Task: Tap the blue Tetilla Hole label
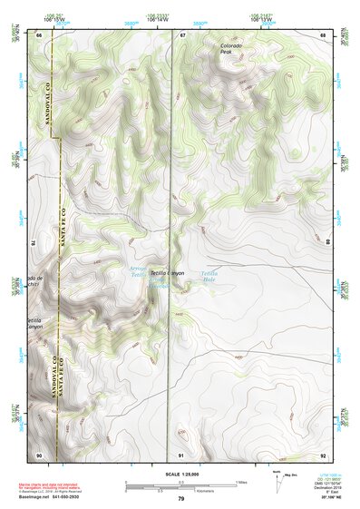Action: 209,274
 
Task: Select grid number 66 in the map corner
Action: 39,35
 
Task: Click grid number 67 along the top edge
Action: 181,35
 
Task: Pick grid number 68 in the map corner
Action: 323,35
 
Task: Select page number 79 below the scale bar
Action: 180,499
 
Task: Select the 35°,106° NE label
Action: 324,500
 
